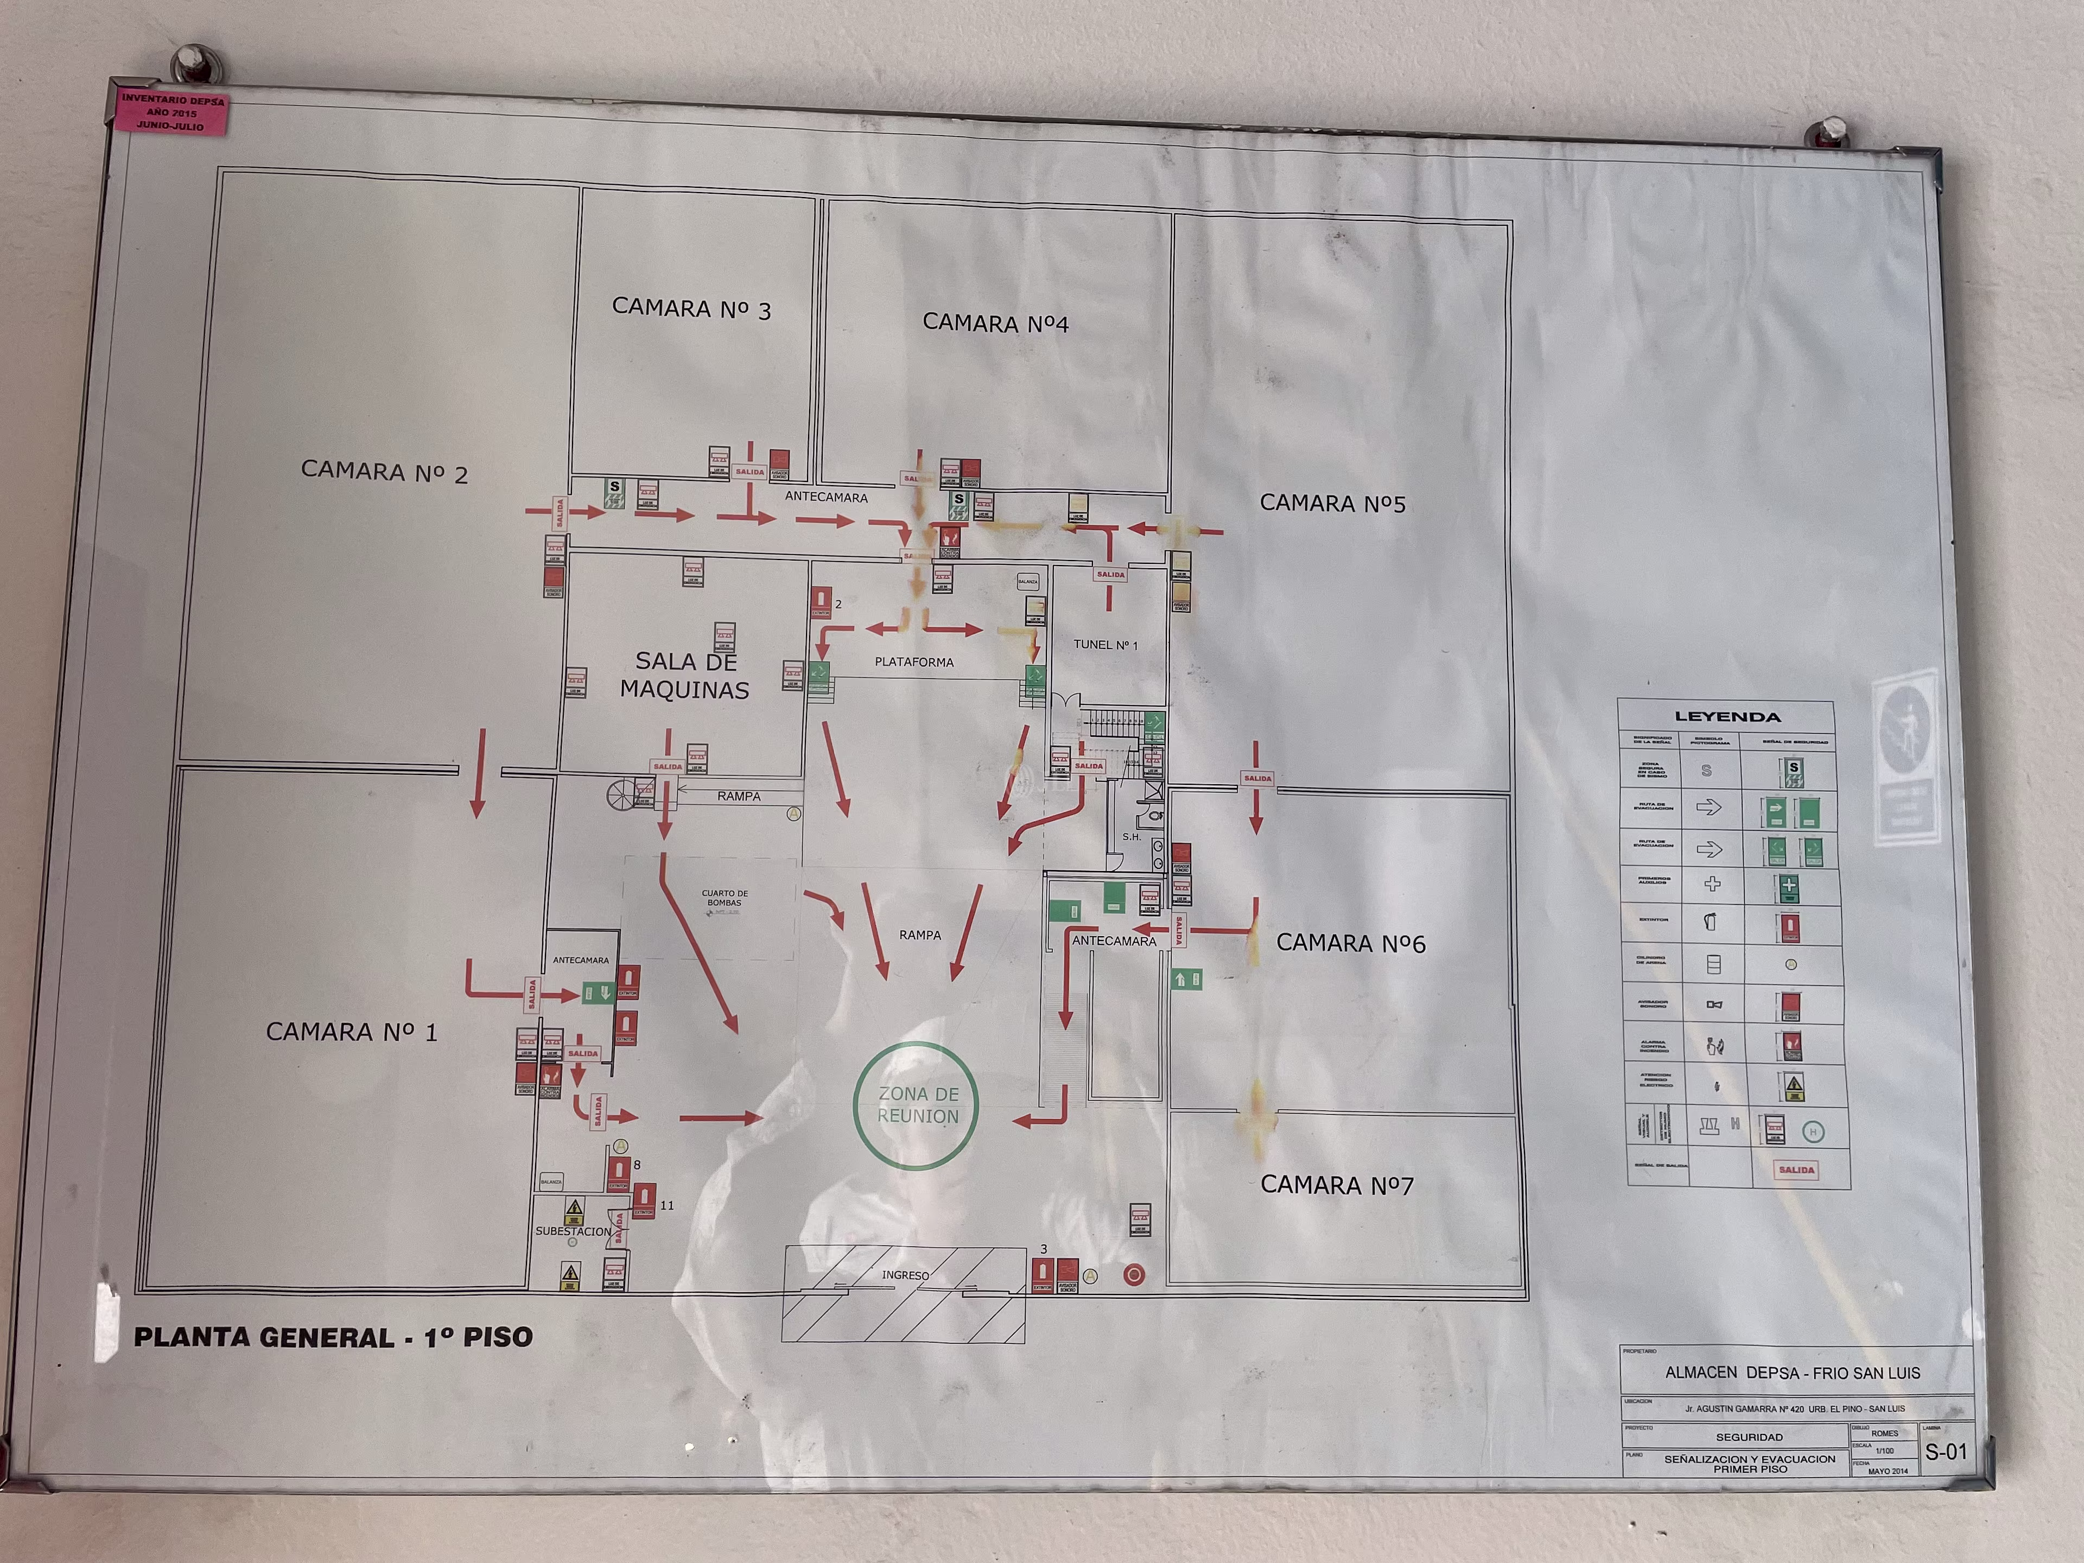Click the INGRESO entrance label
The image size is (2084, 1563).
click(x=905, y=1275)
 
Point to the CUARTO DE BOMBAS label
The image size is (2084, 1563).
click(x=725, y=898)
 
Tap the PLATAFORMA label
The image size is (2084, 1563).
click(x=914, y=662)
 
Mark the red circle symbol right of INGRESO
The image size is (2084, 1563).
click(x=1134, y=1275)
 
